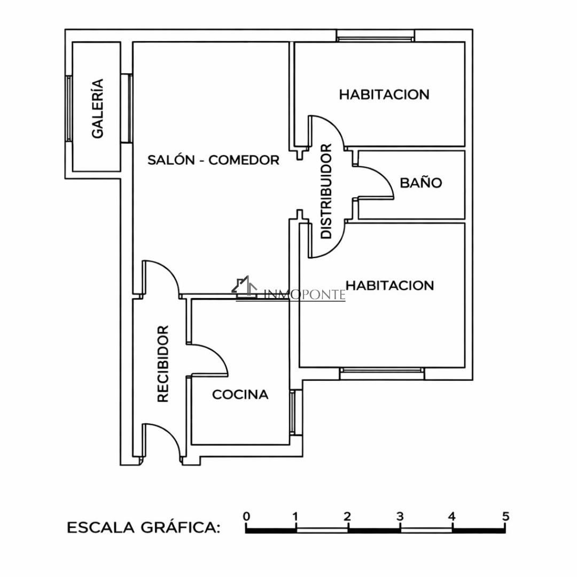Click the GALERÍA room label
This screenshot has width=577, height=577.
pyautogui.click(x=98, y=108)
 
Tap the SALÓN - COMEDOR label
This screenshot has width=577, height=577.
pyautogui.click(x=213, y=160)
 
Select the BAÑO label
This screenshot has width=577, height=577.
pyautogui.click(x=421, y=183)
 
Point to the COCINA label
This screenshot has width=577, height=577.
pyautogui.click(x=240, y=394)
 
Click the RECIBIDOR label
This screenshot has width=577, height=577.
pyautogui.click(x=162, y=364)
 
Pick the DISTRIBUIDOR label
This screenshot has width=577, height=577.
pyautogui.click(x=326, y=191)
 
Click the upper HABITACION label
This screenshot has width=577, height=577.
pyautogui.click(x=384, y=95)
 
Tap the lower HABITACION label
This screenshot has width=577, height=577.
pyautogui.click(x=390, y=285)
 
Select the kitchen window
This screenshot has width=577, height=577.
pyautogui.click(x=293, y=412)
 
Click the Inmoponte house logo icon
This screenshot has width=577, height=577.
pyautogui.click(x=244, y=287)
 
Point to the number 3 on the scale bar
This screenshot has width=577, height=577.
pyautogui.click(x=400, y=516)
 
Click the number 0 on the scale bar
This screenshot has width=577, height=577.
pyautogui.click(x=246, y=516)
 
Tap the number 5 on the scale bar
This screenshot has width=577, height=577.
pyautogui.click(x=505, y=516)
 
